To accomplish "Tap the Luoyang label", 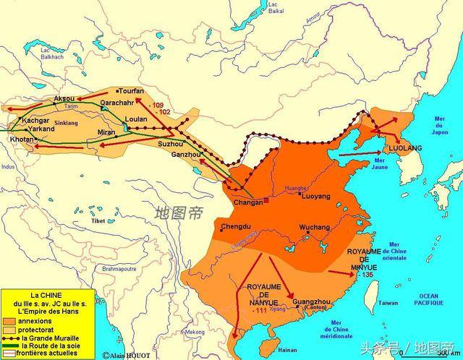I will tap(315, 196).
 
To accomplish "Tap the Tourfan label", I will tap(132, 91).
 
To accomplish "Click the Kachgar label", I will tap(35, 119).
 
